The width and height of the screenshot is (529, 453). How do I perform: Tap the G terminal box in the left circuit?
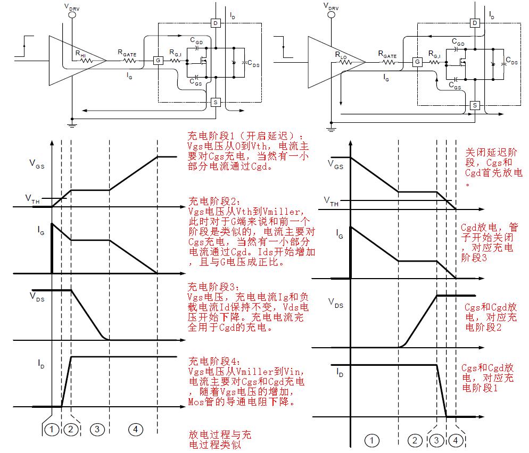click(158, 61)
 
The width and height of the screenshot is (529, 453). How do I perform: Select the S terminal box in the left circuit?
click(216, 102)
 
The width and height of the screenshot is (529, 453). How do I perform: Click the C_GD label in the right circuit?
click(457, 42)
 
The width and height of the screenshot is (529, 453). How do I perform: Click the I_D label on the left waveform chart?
click(41, 363)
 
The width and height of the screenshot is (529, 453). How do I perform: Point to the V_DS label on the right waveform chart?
click(336, 303)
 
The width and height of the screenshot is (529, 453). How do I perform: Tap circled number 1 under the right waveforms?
click(373, 439)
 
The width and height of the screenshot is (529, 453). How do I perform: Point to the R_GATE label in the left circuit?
click(127, 52)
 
